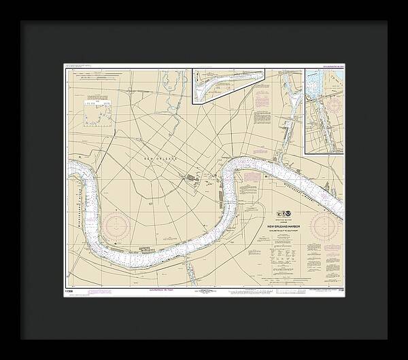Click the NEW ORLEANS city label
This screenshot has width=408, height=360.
coord(160,158)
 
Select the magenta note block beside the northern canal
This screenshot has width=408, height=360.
coord(262,102)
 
